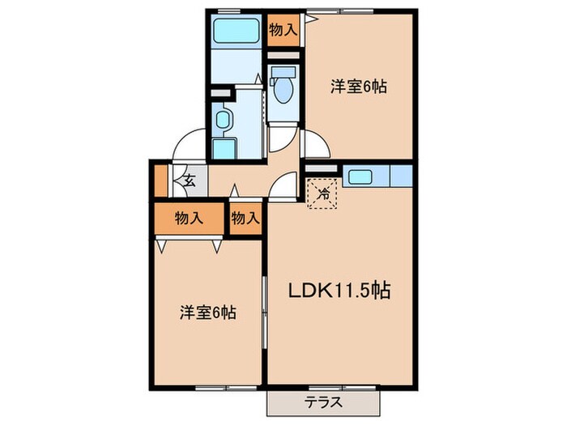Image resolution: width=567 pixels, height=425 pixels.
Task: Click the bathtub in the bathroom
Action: [x=235, y=32]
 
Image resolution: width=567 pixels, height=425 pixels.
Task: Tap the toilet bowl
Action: [x=283, y=87]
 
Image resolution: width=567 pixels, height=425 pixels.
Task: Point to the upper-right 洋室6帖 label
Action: [x=356, y=87]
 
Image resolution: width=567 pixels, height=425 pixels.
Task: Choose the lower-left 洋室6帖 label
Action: [x=207, y=312]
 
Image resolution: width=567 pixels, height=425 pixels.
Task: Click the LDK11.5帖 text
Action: [x=340, y=290]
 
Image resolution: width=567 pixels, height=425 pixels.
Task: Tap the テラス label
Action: [x=323, y=402]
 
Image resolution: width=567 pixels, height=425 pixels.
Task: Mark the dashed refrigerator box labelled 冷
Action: [x=323, y=193]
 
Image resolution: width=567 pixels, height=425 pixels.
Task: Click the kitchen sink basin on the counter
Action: [x=358, y=176]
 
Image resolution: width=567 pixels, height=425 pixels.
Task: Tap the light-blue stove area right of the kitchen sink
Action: [x=401, y=176]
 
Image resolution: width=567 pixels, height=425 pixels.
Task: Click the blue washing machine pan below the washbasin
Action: [x=224, y=148]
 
